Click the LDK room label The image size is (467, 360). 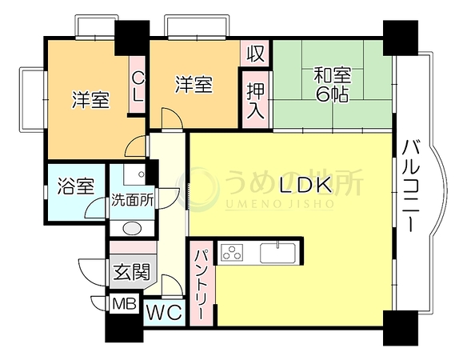pyautogui.click(x=305, y=185)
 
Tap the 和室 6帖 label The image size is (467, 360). pyautogui.click(x=333, y=85)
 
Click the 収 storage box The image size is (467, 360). pyautogui.click(x=256, y=53)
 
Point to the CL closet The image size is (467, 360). pyautogui.click(x=138, y=85)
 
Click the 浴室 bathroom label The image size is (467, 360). pyautogui.click(x=76, y=186)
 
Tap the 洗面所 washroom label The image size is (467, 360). pyautogui.click(x=132, y=200)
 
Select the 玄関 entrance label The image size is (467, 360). pyautogui.click(x=132, y=272)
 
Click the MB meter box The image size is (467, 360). pyautogui.click(x=125, y=304)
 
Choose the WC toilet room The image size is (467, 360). pyautogui.click(x=165, y=313)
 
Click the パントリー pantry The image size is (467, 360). pyautogui.click(x=202, y=283)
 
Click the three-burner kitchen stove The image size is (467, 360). pyautogui.click(x=232, y=253)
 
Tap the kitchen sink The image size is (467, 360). pyautogui.click(x=277, y=253)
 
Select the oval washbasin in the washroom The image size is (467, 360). pyautogui.click(x=132, y=229)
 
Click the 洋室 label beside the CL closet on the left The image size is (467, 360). pyautogui.click(x=91, y=100)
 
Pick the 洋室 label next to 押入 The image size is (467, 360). pyautogui.click(x=194, y=84)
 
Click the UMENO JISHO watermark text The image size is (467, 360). pyautogui.click(x=279, y=204)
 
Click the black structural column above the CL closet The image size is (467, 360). pyautogui.click(x=132, y=38)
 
